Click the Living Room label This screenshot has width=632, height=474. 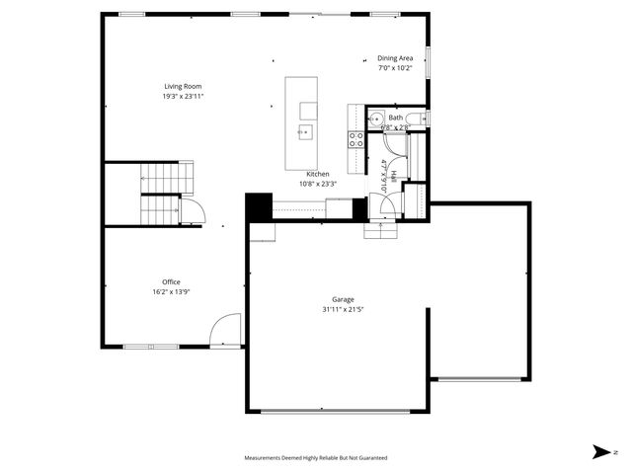click(182, 86)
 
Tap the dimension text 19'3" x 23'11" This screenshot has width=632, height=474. click(182, 97)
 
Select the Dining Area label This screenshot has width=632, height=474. click(395, 58)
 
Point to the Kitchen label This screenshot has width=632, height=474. click(317, 174)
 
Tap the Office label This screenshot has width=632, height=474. click(171, 281)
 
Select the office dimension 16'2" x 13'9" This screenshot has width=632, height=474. click(171, 291)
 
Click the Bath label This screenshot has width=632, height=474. click(395, 118)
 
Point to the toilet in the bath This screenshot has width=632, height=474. click(417, 119)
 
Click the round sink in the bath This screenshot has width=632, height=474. click(375, 118)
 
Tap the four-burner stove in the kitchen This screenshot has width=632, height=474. click(355, 139)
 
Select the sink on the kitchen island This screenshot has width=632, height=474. click(305, 129)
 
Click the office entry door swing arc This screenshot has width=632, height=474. click(226, 329)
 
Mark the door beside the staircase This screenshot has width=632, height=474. click(192, 209)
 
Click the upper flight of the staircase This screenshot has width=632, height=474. click(169, 178)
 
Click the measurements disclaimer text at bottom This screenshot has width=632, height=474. click(316, 458)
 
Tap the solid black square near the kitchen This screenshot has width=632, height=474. click(258, 207)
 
